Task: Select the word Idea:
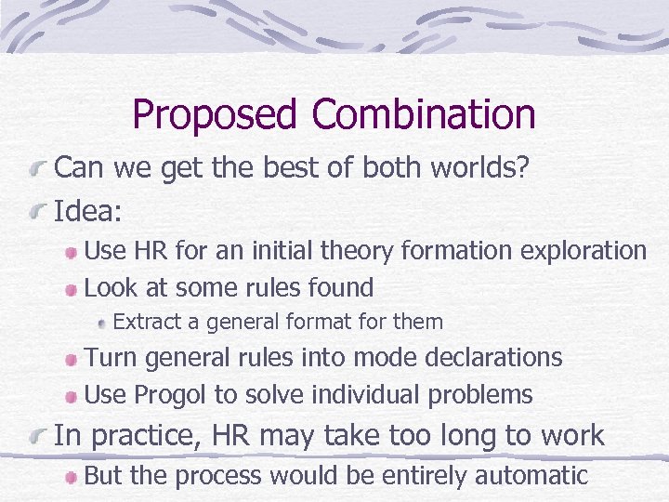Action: point(88,211)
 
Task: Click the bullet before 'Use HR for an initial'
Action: point(72,252)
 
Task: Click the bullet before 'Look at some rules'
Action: point(72,288)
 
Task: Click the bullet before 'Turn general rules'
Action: point(72,359)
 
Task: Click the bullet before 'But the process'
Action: point(72,477)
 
